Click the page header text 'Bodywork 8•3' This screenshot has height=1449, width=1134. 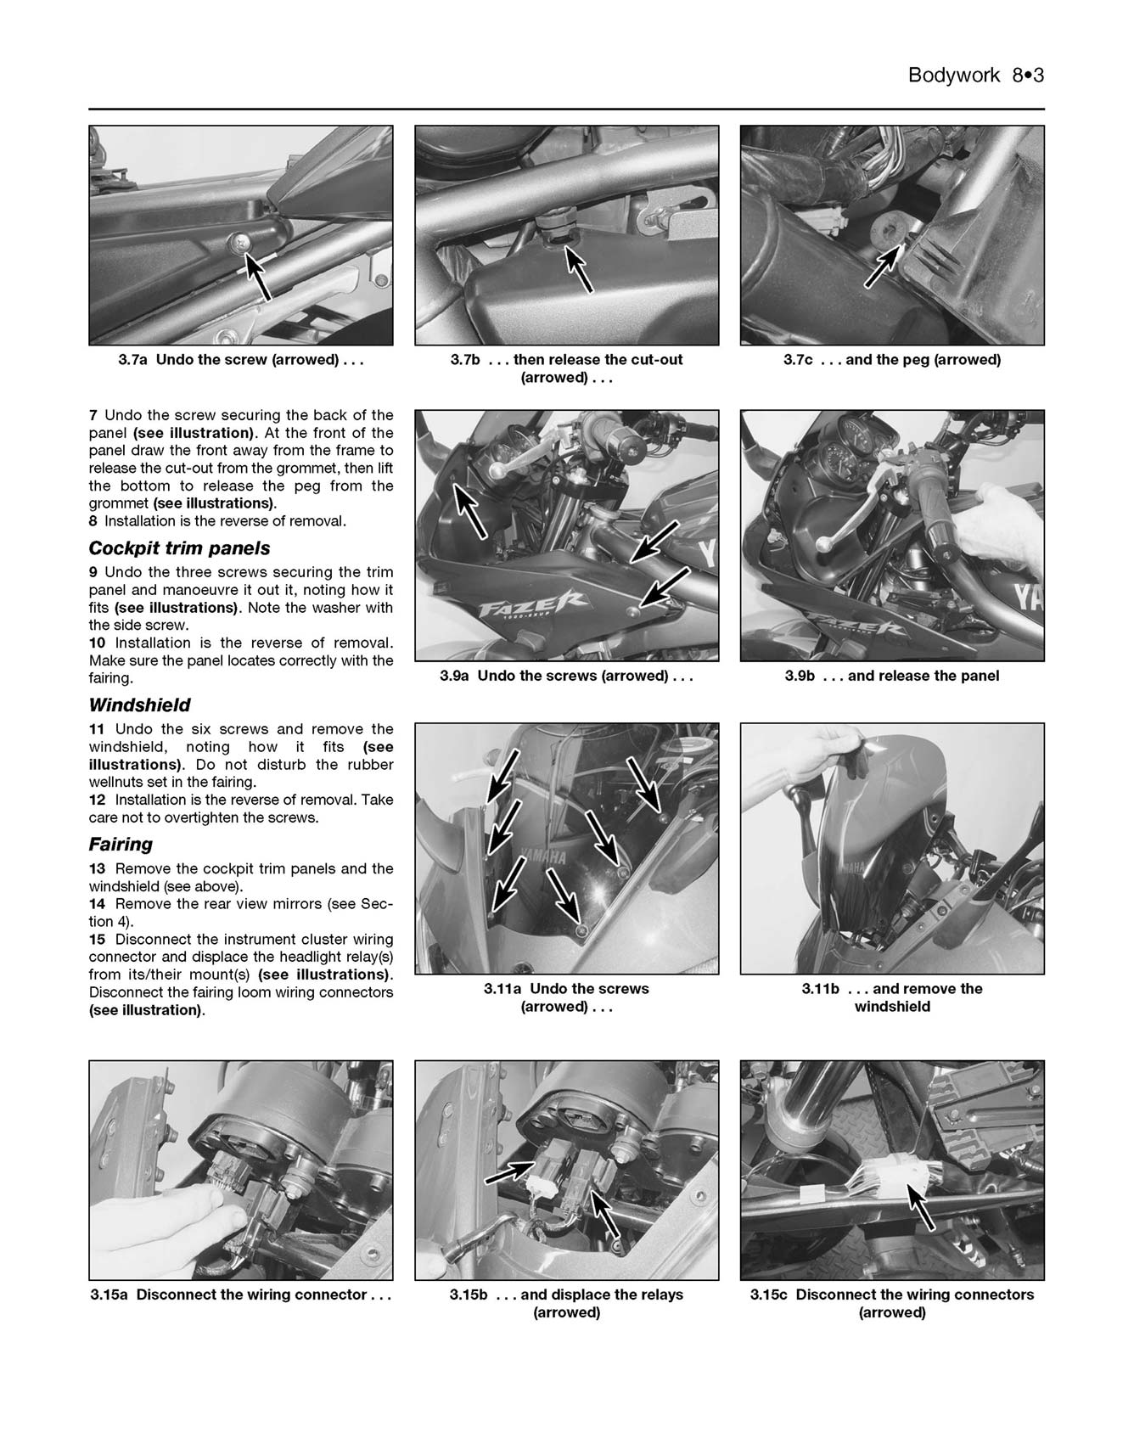click(975, 75)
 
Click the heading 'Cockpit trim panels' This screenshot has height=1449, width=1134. click(179, 548)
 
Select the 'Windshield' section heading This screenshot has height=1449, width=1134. click(139, 705)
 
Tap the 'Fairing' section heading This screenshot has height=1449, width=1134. click(121, 845)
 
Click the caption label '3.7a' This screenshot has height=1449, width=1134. click(133, 360)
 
